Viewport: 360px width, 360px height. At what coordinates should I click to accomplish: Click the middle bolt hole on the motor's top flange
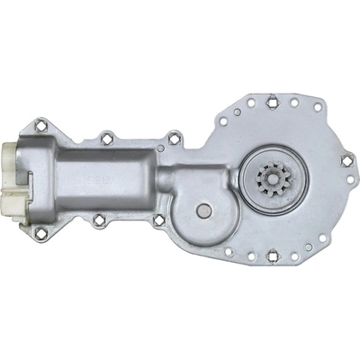coord(106,137)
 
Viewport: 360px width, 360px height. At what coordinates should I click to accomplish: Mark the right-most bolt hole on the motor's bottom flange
coord(158,219)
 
